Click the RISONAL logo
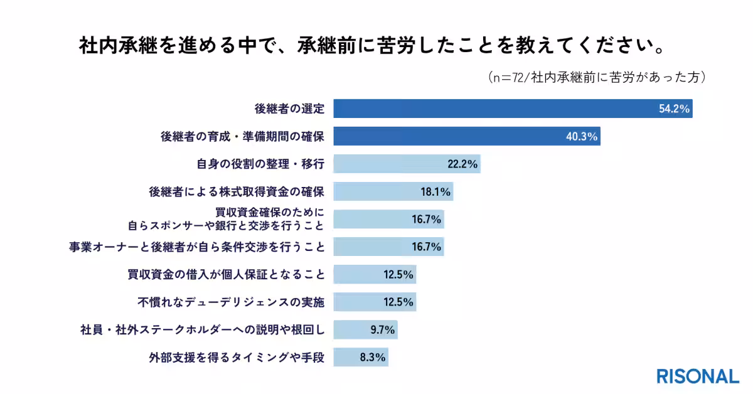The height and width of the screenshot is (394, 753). click(698, 376)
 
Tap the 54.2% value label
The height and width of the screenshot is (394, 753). click(674, 109)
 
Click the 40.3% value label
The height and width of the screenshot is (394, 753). click(581, 137)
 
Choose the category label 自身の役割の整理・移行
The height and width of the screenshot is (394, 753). click(260, 164)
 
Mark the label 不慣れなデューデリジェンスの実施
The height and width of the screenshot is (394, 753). click(231, 302)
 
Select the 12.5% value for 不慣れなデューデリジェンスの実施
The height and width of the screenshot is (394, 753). click(398, 302)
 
